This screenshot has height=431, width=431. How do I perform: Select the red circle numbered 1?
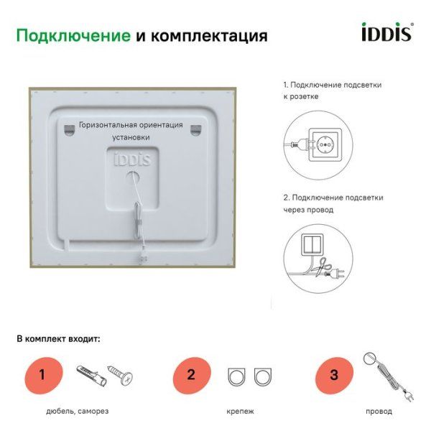42,374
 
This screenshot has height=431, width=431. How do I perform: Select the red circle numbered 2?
191,374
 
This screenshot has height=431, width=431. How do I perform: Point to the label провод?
379,412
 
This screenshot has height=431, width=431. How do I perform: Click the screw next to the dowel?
119,374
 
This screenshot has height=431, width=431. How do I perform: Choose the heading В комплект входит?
59,338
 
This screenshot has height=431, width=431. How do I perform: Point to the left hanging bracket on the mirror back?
69,129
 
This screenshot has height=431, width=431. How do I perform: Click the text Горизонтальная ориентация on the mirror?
131,124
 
